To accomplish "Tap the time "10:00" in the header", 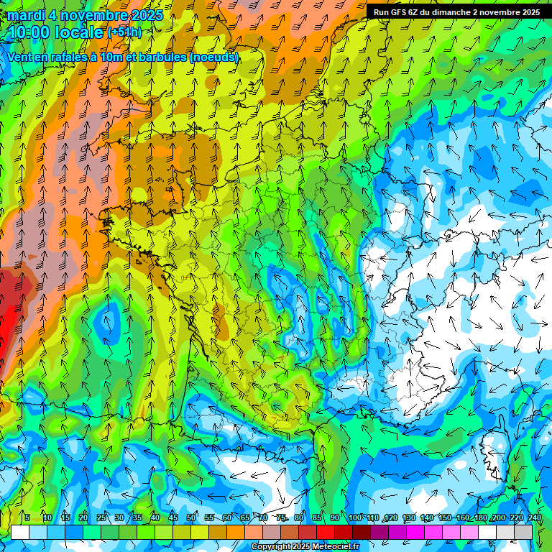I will click(x=32, y=32).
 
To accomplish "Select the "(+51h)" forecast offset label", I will click(x=124, y=32).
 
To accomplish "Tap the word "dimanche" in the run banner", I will click(x=451, y=12).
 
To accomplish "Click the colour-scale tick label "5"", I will click(x=27, y=517).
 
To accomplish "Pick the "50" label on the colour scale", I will click(x=191, y=517).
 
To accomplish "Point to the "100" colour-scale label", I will click(x=354, y=517).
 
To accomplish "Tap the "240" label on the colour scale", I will click(x=534, y=517).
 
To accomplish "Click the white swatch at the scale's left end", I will click(x=20, y=532).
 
